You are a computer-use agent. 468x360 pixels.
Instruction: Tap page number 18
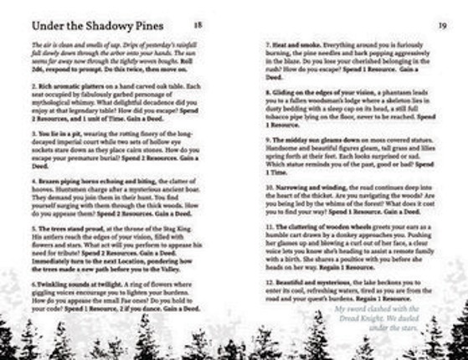coord(198,24)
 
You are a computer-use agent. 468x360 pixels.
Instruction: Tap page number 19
coord(442,24)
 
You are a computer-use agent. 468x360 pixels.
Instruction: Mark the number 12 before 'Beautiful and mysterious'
coord(269,281)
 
